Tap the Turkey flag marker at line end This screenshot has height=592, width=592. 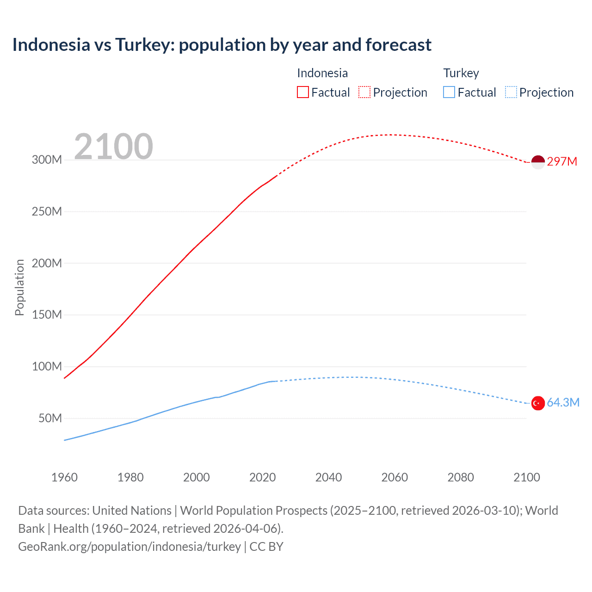coord(538,403)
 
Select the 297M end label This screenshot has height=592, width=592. coord(562,161)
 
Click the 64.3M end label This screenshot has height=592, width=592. coord(563,402)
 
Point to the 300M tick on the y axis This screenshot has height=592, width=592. coord(47,160)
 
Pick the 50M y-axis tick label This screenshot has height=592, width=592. coord(50,418)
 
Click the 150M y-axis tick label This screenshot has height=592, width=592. coord(47,315)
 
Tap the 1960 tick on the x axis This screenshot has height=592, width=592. coord(64,477)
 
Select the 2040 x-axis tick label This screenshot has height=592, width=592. coord(328,477)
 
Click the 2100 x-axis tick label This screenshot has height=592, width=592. coord(526,477)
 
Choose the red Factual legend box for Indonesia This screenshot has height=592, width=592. coord(303,92)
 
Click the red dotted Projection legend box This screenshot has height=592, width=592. coord(364,92)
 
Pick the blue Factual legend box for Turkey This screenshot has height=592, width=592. coord(449,92)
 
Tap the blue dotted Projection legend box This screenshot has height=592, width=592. coord(511,92)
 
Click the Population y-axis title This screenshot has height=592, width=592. coord(19,287)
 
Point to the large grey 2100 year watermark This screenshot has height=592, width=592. coord(113,147)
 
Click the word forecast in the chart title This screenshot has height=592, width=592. coord(398,45)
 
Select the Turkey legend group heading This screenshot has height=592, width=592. coord(461,73)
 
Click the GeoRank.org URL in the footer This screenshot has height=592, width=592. coord(129,547)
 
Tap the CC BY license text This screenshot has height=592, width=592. coord(266,547)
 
